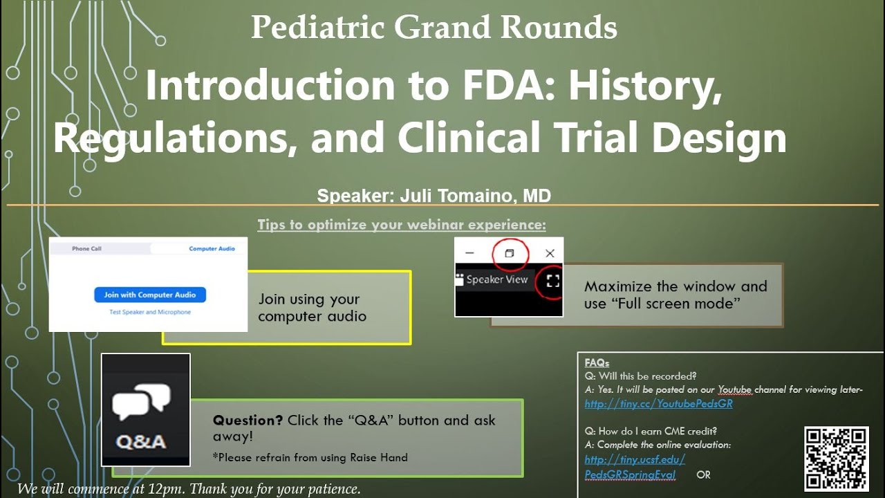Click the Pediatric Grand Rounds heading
coord(434,28)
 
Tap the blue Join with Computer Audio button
coord(150,295)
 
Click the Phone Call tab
coord(86,248)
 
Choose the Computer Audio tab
coord(212,248)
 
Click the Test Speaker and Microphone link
coord(150,312)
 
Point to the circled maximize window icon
coord(510,253)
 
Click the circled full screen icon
coord(552,280)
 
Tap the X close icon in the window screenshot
coord(550,253)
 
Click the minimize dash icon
coord(469,253)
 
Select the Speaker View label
coord(496,280)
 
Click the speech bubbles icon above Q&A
coord(142,401)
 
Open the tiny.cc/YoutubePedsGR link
coord(658,404)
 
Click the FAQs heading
coord(597,362)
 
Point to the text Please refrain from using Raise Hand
coord(310,457)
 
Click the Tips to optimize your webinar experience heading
coord(402,225)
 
